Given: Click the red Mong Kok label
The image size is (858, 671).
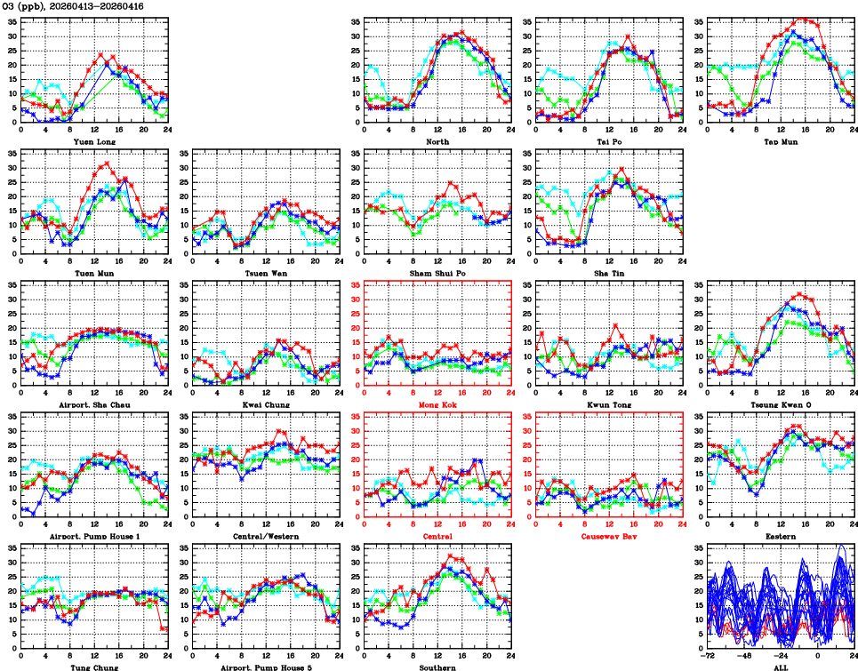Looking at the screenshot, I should pos(437,404).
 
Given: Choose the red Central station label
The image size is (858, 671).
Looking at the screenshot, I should pos(437,536).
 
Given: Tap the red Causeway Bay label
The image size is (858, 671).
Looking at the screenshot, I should pos(609,536).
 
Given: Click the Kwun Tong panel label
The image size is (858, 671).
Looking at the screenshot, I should pos(609,404).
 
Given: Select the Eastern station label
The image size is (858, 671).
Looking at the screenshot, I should pos(781,536).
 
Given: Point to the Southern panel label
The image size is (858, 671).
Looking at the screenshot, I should pos(437,667).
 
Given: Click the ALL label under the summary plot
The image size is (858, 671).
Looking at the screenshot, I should pos(781,667).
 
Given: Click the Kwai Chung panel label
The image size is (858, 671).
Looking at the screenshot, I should pos(266,404).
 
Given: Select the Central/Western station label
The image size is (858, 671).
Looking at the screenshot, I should pos(266,536).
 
